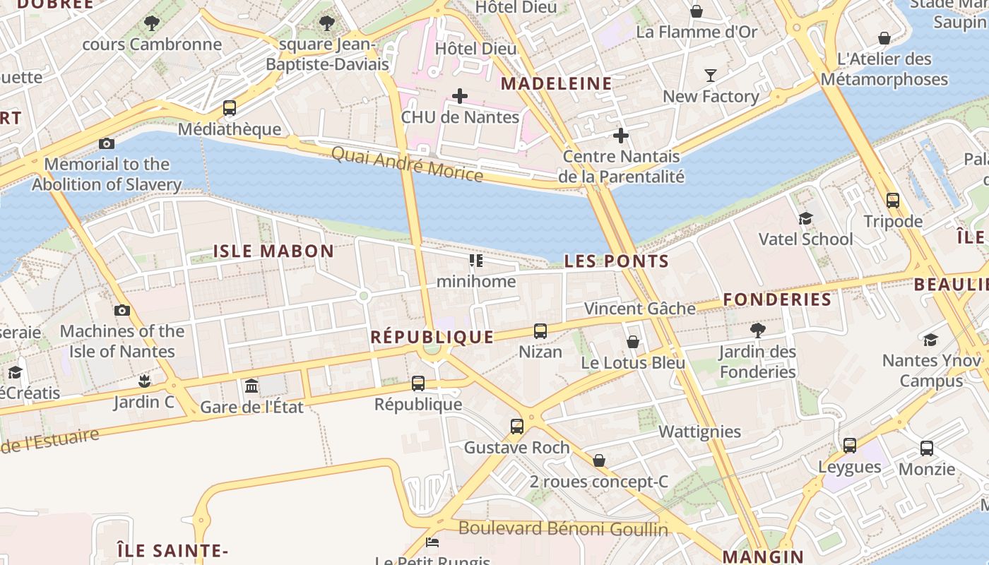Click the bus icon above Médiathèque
(x=229, y=108)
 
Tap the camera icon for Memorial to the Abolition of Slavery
(x=107, y=143)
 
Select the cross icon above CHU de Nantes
(x=460, y=96)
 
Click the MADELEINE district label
(x=556, y=83)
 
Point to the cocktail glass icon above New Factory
(x=711, y=76)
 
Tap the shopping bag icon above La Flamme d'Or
(x=696, y=11)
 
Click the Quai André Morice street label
(x=407, y=163)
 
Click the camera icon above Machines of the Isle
(x=122, y=311)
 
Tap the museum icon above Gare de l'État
(x=251, y=386)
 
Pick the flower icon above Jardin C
(x=144, y=381)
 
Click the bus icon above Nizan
(x=540, y=331)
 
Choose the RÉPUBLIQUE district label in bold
(x=432, y=337)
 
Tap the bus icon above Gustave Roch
(x=517, y=427)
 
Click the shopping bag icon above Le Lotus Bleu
(x=633, y=342)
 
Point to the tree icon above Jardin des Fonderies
(x=757, y=330)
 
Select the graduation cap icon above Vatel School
(x=805, y=218)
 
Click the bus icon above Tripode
(x=893, y=201)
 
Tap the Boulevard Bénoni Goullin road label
(x=563, y=528)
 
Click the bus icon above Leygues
(x=850, y=446)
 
